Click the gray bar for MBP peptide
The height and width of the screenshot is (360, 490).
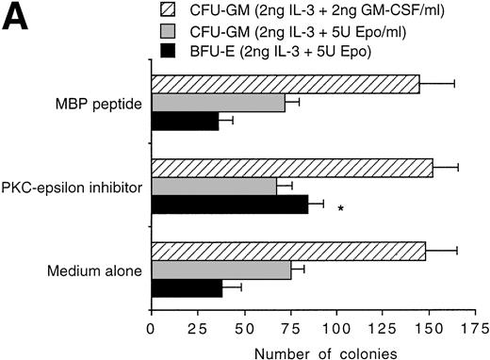tap(218, 103)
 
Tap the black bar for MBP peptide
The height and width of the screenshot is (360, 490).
tap(185, 122)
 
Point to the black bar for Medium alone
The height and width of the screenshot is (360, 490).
tap(187, 288)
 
